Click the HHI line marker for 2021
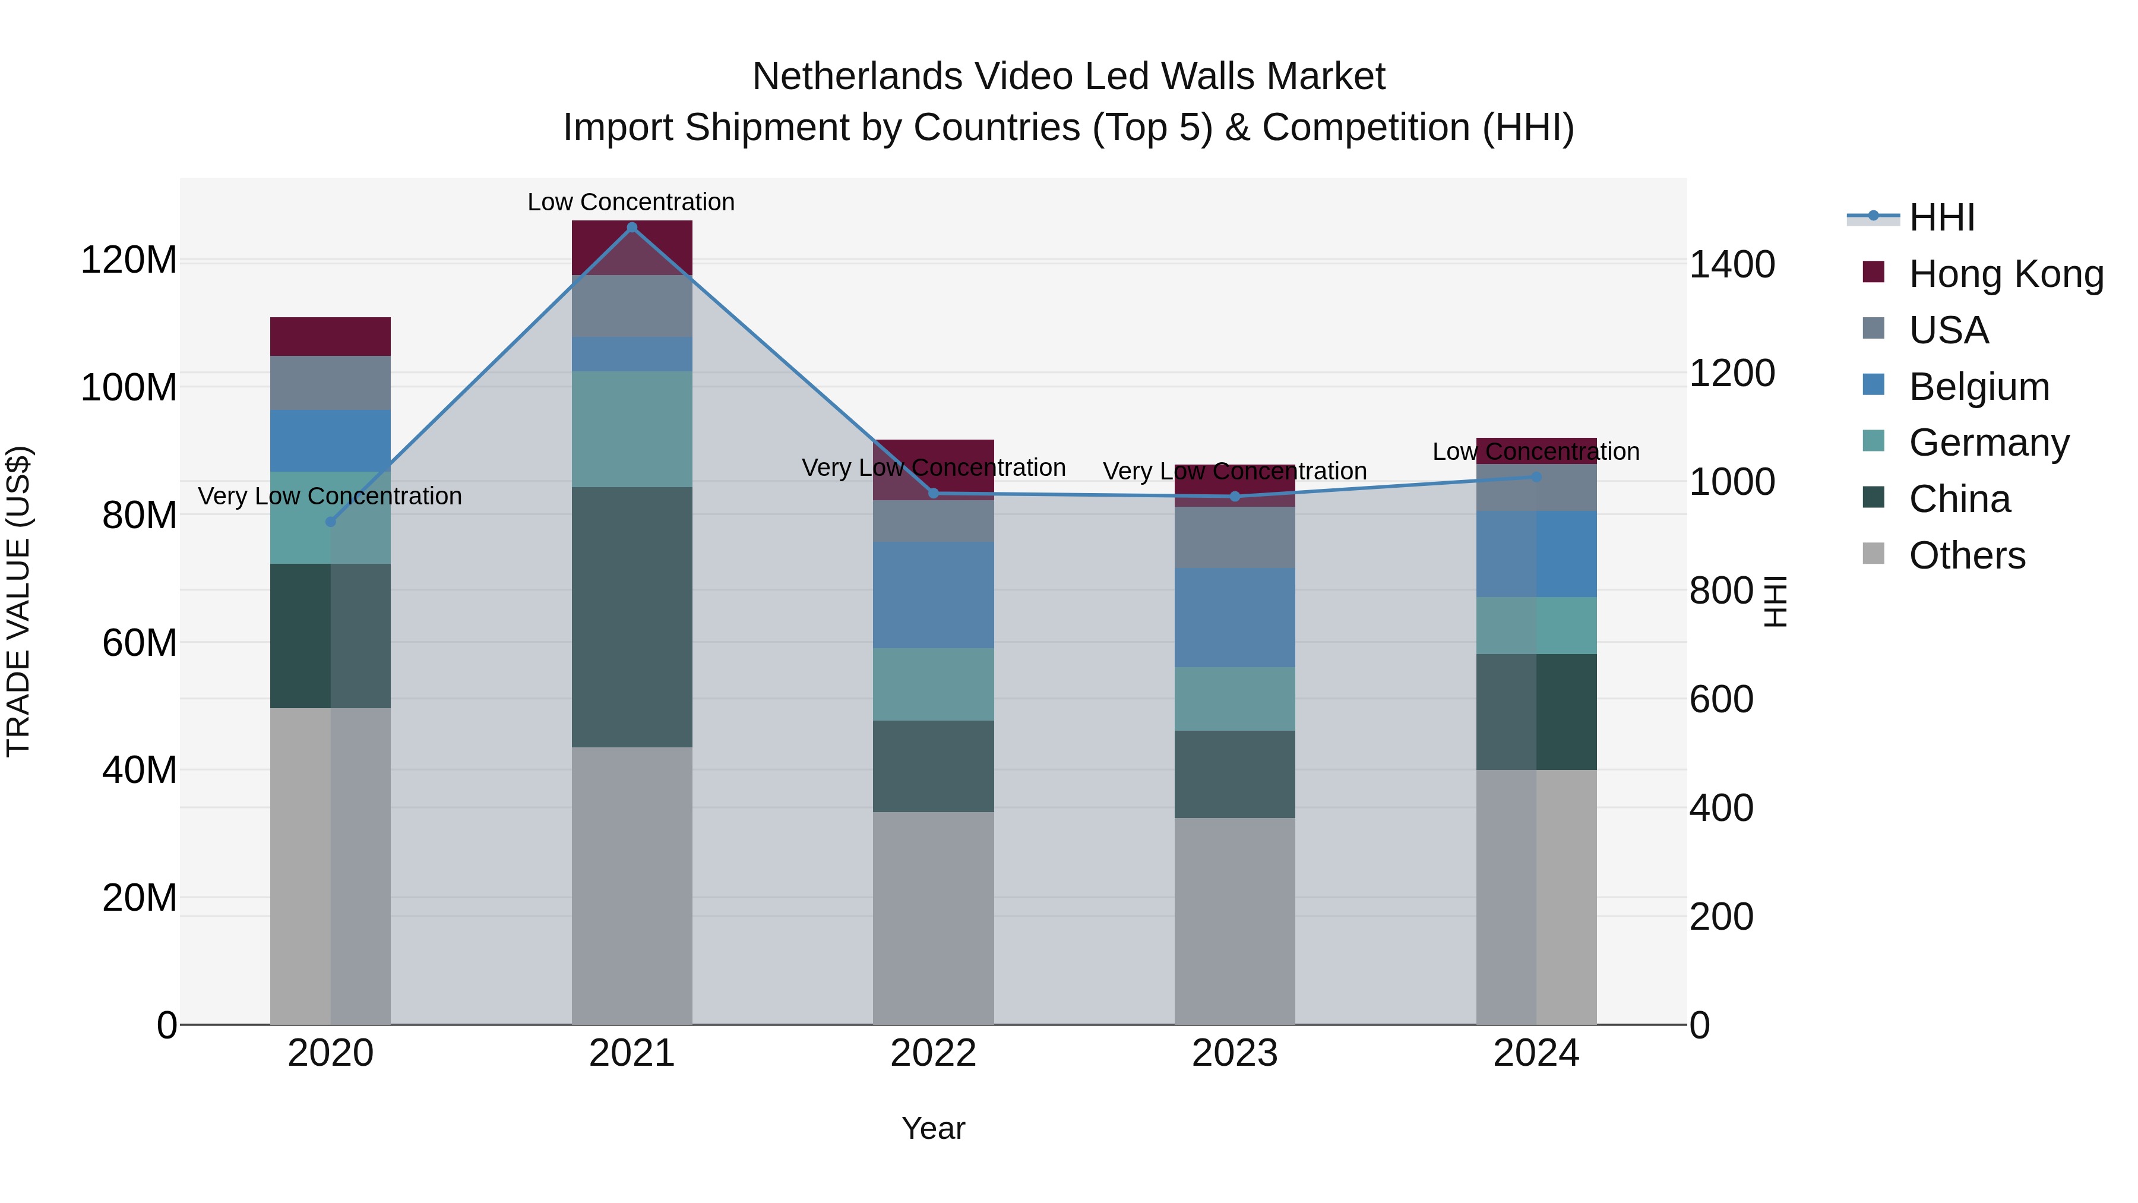[x=632, y=228]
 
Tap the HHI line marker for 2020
[x=330, y=522]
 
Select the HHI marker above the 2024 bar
[x=1536, y=476]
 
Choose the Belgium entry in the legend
[x=1979, y=387]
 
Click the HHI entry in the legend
[x=1941, y=217]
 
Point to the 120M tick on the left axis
[x=129, y=260]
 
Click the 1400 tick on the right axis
[x=1732, y=265]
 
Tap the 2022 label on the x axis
[x=933, y=1053]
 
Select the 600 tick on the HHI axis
[x=1721, y=699]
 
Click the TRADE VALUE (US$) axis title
[x=18, y=601]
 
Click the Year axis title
[x=933, y=1128]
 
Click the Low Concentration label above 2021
[x=631, y=202]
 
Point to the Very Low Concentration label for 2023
[x=1234, y=471]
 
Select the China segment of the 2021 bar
[x=632, y=616]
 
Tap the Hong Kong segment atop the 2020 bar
[x=330, y=336]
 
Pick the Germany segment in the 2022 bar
[x=933, y=684]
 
